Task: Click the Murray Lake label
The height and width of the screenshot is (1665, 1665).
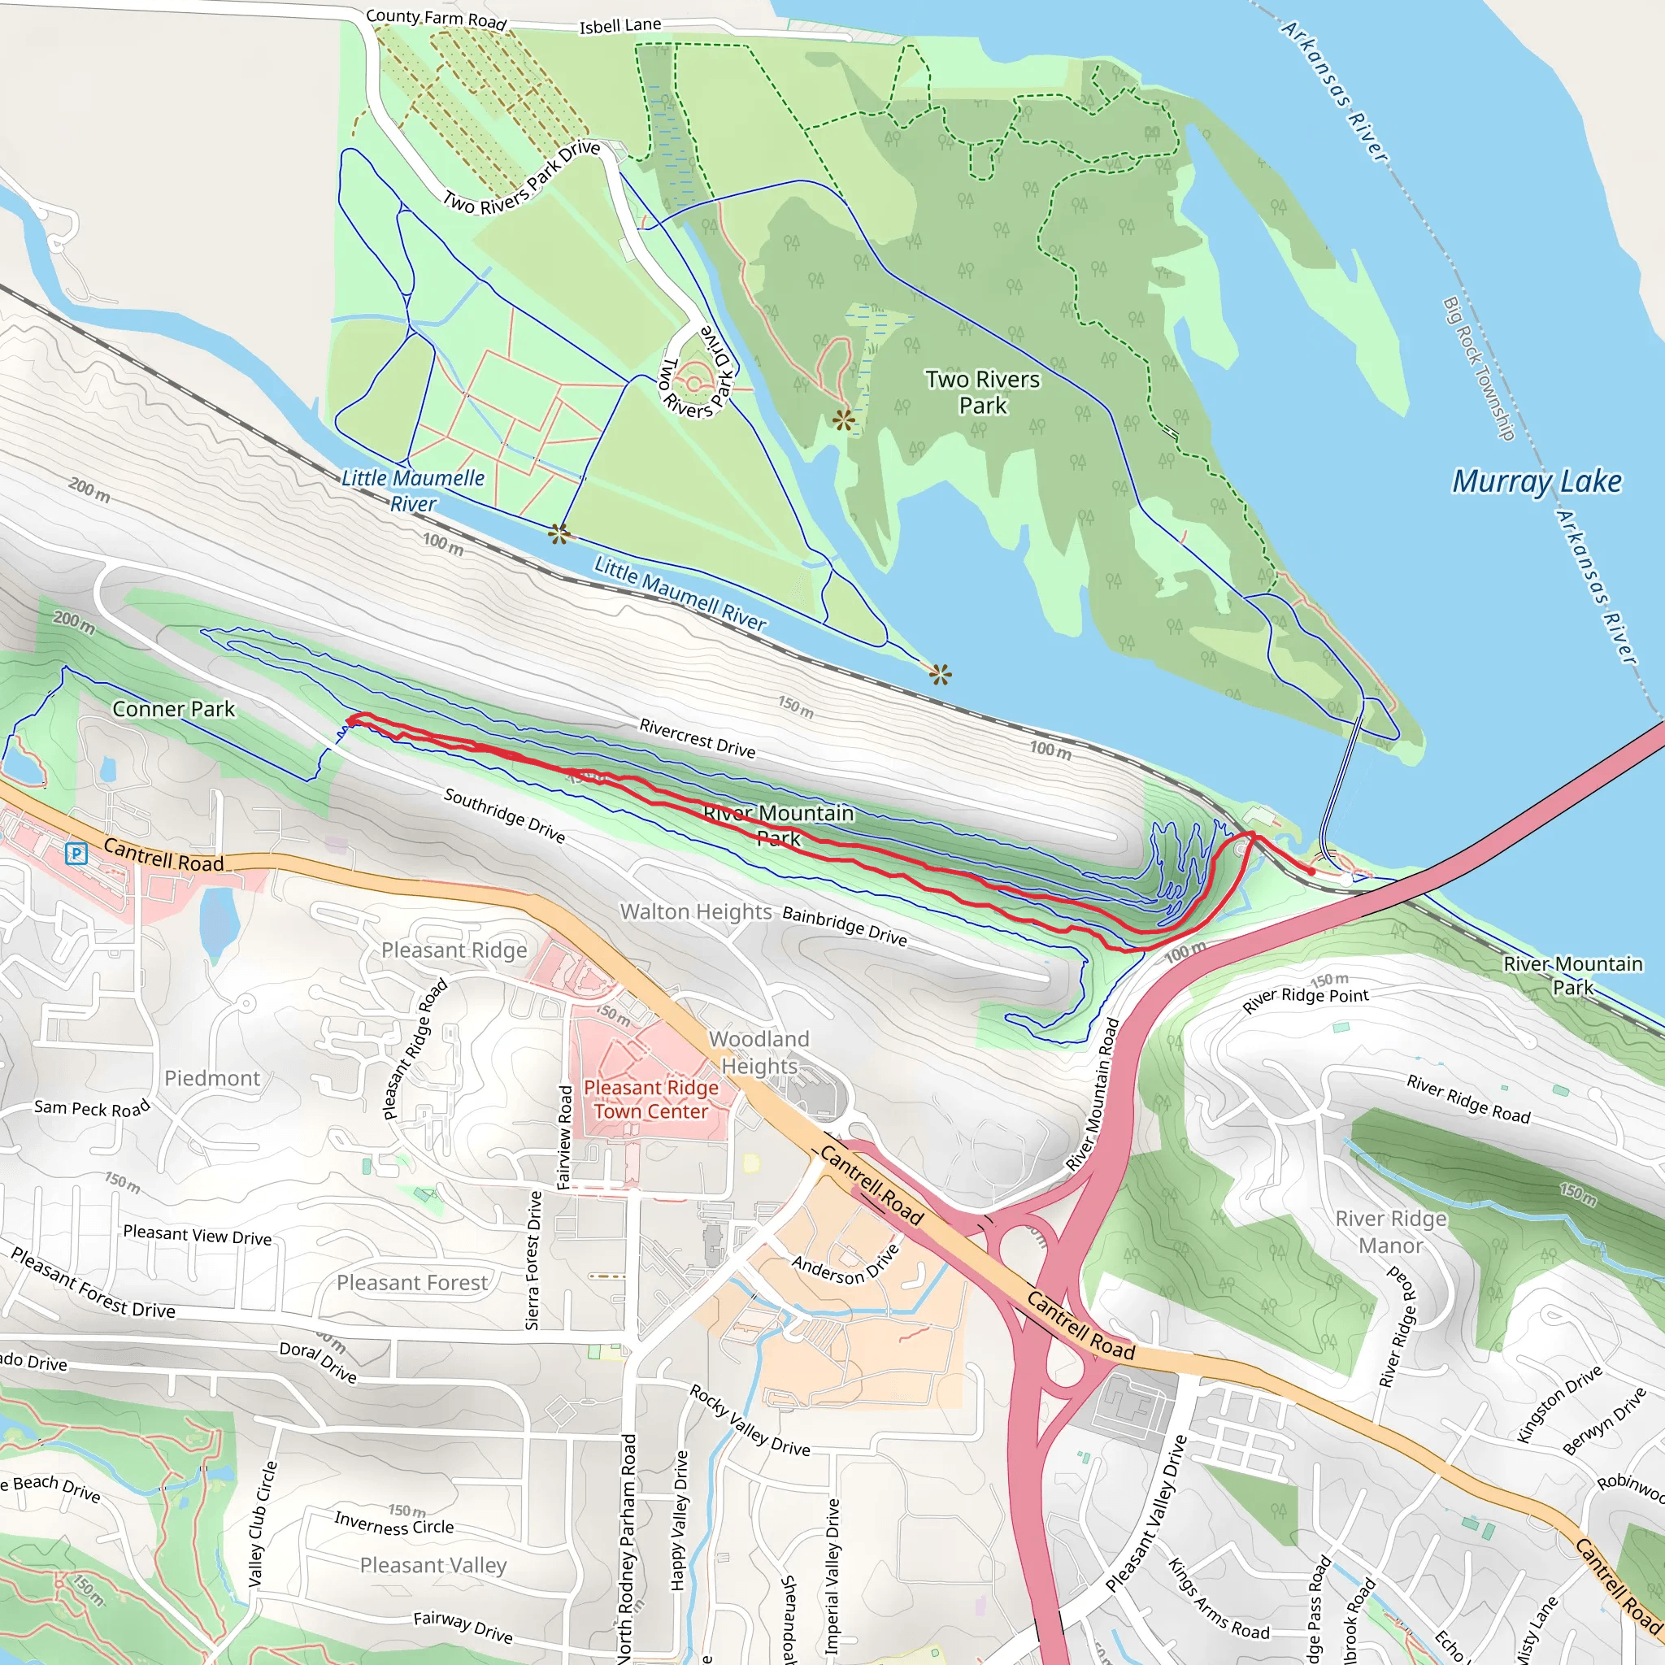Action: pos(1537,481)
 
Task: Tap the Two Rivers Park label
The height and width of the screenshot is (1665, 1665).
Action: pos(982,392)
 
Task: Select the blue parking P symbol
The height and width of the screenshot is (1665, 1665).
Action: pos(76,853)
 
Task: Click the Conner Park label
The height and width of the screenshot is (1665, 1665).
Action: pos(173,708)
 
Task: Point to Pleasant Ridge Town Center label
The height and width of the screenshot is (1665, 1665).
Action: pos(650,1100)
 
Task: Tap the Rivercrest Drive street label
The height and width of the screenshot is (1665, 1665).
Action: pos(698,737)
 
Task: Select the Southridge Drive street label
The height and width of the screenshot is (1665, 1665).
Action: pos(504,815)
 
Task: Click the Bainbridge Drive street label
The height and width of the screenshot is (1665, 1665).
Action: pos(844,925)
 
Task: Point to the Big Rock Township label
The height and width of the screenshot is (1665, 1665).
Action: pos(1478,369)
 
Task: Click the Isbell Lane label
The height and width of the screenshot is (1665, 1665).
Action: pos(619,26)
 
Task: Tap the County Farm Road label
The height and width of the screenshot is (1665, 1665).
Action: pos(436,18)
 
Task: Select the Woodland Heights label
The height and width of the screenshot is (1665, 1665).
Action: pos(759,1052)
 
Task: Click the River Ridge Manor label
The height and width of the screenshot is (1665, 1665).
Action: pos(1391,1232)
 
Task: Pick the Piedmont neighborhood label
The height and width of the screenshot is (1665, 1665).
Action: pos(212,1078)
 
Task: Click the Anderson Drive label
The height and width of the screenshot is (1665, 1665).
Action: pos(846,1264)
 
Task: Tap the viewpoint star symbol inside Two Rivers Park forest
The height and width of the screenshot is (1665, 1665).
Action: pos(844,420)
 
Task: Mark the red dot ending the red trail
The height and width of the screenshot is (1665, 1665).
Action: pos(1311,872)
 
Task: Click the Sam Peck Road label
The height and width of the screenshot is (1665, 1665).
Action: pos(92,1108)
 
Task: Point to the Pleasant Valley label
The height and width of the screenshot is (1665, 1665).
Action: pos(433,1564)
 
